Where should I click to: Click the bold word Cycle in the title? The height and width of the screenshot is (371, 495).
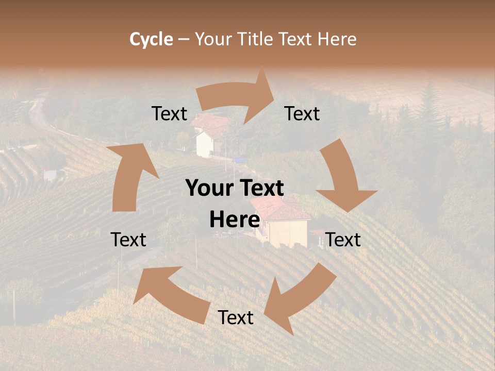151,39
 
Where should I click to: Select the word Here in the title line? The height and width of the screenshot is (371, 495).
337,39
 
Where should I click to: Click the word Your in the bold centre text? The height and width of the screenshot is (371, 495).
209,189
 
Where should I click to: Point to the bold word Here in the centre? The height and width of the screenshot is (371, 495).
235,220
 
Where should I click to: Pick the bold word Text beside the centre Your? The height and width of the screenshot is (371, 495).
260,189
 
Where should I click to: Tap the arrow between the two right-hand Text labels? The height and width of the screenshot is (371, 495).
343,178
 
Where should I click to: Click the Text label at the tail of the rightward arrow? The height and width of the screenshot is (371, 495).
170,114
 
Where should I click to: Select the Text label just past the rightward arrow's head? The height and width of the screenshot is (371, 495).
302,114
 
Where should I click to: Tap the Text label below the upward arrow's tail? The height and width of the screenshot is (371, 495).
128,240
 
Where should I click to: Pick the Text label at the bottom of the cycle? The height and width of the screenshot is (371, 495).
236,317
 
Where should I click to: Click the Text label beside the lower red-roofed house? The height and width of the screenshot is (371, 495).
343,240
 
